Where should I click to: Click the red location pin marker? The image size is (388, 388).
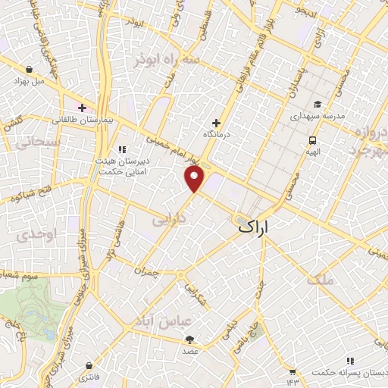195,179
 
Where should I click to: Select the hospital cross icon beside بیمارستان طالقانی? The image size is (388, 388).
82,108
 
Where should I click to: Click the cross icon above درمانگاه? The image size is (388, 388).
216,123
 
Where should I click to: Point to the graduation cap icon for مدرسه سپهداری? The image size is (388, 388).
318,105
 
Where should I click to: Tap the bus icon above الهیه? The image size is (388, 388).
311,140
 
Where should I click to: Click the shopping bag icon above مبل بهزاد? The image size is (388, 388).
28,67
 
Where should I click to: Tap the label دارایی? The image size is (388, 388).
170,220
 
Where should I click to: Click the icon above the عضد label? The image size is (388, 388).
189,339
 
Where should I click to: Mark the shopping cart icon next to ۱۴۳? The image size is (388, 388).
292,371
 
